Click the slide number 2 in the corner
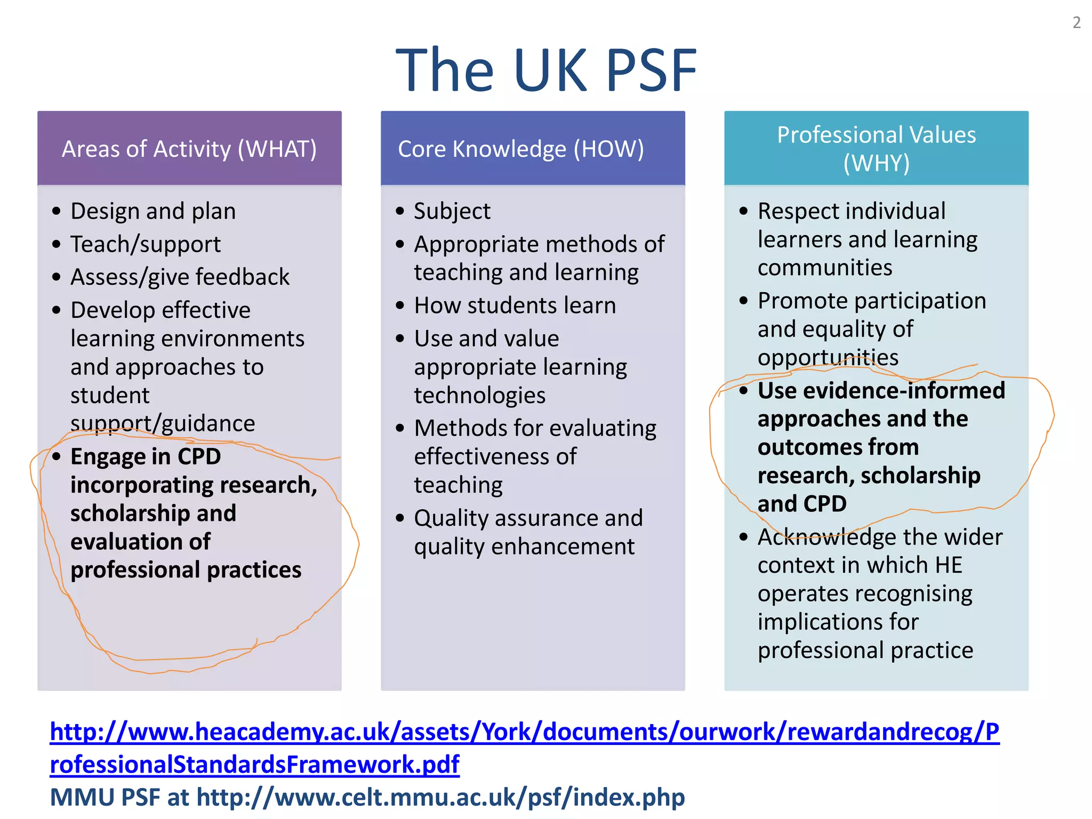(1077, 22)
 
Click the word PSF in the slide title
(651, 70)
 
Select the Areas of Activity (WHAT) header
(189, 149)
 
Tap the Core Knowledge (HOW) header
(521, 149)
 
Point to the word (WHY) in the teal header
(876, 163)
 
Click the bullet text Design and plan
(153, 211)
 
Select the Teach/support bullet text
(146, 244)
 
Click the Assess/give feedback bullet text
(180, 277)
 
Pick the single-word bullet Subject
(452, 211)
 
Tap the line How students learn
(515, 306)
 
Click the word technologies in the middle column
(479, 395)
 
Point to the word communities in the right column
(824, 268)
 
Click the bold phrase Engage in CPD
(146, 457)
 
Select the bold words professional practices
(186, 570)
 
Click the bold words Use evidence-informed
(881, 390)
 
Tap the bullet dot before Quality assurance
(400, 518)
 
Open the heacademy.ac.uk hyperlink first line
(524, 732)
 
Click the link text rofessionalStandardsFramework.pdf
(254, 765)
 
